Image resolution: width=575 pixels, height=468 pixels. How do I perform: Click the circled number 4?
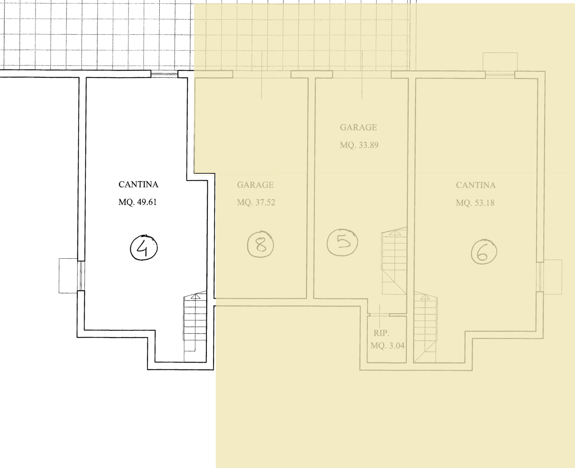click(x=144, y=248)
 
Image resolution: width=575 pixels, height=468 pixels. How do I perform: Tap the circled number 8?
click(x=260, y=244)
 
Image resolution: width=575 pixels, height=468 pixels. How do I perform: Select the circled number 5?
click(x=343, y=242)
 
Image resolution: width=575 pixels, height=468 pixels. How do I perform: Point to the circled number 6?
click(x=484, y=252)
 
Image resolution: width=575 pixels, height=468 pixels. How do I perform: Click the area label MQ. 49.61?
click(x=138, y=202)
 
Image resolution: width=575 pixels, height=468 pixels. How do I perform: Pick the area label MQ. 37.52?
click(x=256, y=202)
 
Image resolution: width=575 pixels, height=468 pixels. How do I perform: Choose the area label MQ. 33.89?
click(x=359, y=145)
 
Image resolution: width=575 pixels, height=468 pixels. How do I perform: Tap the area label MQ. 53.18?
click(x=475, y=203)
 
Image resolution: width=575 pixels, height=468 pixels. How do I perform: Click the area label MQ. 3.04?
click(x=387, y=346)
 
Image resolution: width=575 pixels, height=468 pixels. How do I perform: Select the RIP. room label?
click(x=381, y=333)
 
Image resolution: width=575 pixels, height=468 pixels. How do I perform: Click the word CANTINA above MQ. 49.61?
click(x=138, y=184)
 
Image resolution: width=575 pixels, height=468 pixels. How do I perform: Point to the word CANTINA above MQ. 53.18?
click(x=476, y=185)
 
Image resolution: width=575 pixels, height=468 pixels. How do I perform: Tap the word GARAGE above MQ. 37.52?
click(x=255, y=185)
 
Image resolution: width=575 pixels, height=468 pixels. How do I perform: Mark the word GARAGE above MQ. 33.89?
click(x=358, y=127)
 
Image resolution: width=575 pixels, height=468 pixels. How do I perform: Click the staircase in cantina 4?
click(x=195, y=326)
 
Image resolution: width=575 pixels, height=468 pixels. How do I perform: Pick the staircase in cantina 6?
click(x=425, y=327)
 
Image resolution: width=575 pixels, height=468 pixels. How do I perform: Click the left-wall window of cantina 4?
click(x=81, y=276)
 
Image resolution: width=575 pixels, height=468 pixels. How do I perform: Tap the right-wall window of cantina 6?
click(x=540, y=277)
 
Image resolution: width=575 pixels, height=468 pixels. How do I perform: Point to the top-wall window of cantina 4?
click(x=165, y=74)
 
